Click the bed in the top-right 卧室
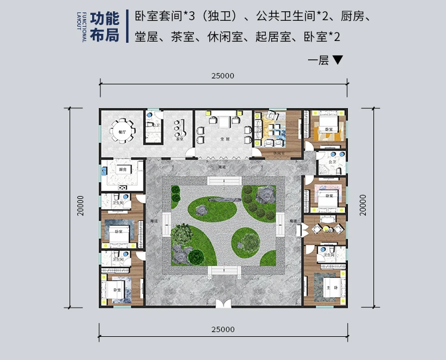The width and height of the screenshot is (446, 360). point(326,126)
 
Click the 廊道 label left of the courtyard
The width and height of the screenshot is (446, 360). point(153,221)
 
